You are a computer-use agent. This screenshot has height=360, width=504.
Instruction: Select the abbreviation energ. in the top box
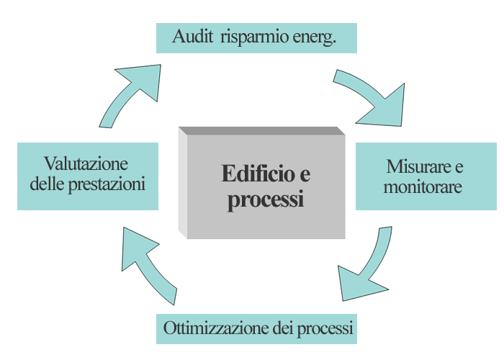click(x=315, y=37)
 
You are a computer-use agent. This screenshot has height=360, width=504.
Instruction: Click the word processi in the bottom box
click(x=325, y=329)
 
